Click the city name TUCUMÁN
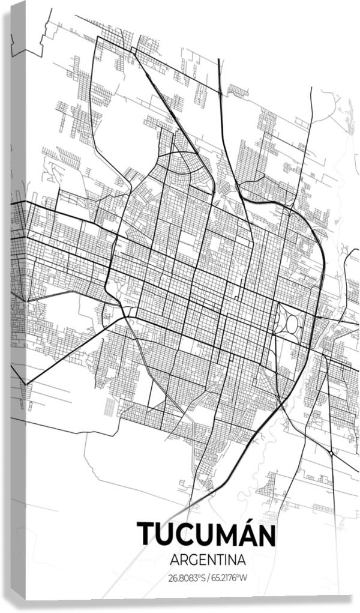(x=206, y=534)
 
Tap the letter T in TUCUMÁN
(x=148, y=534)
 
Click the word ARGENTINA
(x=208, y=560)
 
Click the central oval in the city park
(x=292, y=324)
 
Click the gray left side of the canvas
(x=18, y=300)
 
